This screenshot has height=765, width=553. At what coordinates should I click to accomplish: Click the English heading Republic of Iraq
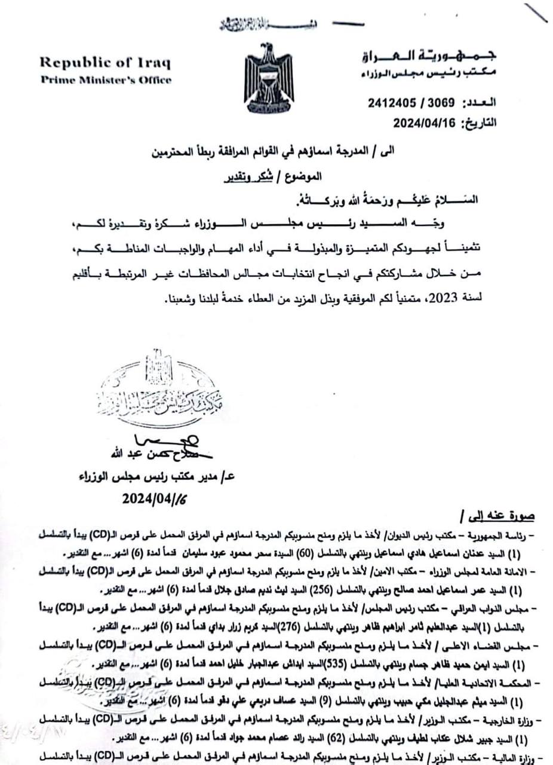(x=105, y=63)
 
